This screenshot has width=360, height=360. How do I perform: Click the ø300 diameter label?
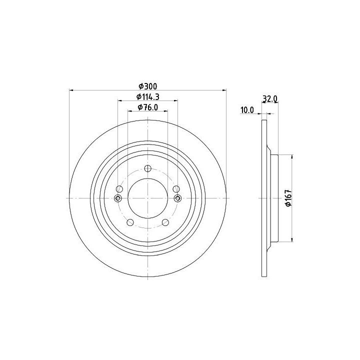[148, 86]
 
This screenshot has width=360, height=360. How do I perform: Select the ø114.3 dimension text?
[148, 97]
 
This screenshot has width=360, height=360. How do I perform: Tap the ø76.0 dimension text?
[148, 107]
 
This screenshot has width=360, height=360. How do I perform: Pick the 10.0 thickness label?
[247, 110]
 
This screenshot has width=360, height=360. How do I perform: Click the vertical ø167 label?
[288, 198]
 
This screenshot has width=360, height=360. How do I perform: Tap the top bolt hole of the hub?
[148, 169]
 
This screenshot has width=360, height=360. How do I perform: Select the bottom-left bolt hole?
[130, 222]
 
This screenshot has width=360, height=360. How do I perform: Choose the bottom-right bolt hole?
[165, 222]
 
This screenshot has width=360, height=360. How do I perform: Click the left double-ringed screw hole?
[118, 198]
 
